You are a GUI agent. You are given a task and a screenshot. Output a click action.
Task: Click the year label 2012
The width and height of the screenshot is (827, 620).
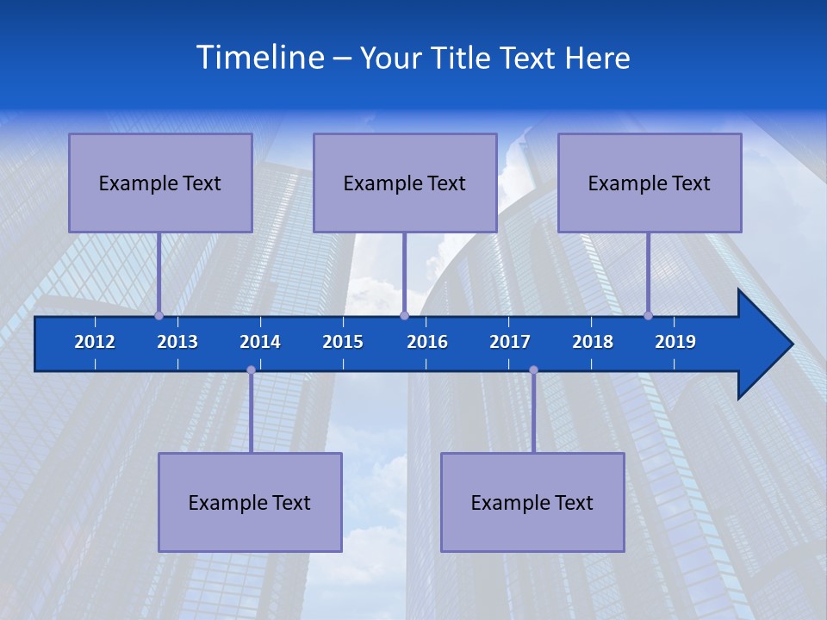(x=95, y=342)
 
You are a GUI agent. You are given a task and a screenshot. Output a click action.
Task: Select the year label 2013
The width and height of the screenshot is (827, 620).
(x=177, y=342)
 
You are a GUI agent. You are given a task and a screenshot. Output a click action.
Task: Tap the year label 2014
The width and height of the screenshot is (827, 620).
(x=260, y=342)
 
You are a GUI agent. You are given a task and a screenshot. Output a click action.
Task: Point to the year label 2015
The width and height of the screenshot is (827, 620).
(x=343, y=342)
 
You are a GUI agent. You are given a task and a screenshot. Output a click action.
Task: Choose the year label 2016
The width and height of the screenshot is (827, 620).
(x=427, y=342)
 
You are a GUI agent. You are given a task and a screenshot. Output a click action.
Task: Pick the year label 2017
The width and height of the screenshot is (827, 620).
(x=510, y=342)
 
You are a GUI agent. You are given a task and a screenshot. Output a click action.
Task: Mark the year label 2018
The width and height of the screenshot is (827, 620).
(x=593, y=342)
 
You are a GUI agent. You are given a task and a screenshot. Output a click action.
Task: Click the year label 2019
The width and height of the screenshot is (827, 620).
(x=675, y=342)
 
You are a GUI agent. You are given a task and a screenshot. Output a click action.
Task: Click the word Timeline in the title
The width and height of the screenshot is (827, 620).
(x=260, y=57)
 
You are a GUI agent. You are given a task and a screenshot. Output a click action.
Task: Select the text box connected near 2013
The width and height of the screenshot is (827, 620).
(x=160, y=183)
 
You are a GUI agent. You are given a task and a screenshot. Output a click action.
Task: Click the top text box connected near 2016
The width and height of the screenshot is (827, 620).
(x=405, y=183)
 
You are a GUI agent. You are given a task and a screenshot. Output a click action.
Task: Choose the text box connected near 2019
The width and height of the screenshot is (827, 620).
(x=650, y=183)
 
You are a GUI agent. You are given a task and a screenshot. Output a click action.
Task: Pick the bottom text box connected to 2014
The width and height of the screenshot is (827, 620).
(x=250, y=502)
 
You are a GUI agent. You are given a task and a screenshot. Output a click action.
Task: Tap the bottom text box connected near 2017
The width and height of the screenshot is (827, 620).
(x=532, y=502)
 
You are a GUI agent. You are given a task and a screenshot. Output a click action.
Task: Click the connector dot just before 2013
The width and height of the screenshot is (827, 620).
(x=159, y=315)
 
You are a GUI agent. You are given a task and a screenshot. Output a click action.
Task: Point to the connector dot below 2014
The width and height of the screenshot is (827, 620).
(x=251, y=369)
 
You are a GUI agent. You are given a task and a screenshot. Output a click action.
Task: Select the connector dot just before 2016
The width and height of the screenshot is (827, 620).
(x=404, y=315)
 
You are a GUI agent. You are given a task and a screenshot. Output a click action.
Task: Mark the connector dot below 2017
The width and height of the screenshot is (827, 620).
(x=533, y=369)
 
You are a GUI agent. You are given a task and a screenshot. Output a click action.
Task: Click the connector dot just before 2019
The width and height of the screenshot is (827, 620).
(x=649, y=315)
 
